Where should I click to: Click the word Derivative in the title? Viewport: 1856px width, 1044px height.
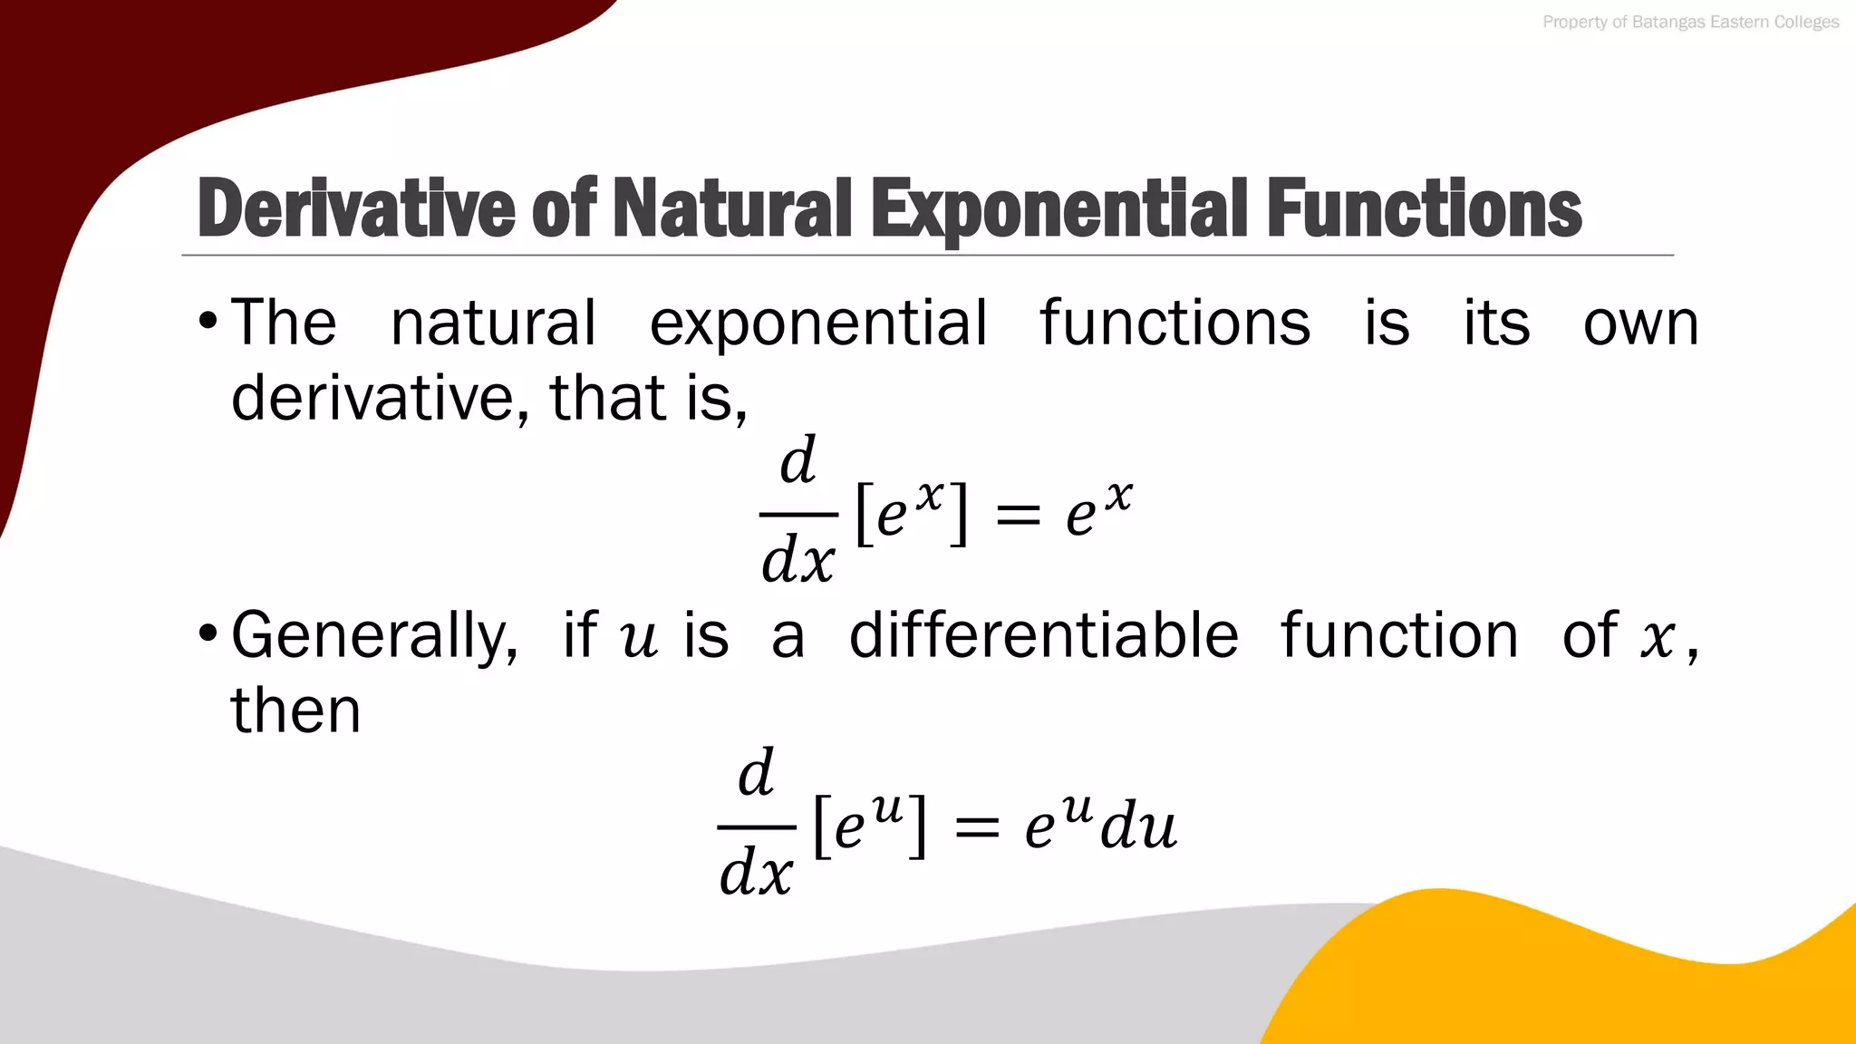356,209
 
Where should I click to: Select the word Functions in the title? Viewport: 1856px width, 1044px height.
1424,209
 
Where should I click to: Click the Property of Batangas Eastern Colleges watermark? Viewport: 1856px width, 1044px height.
1690,22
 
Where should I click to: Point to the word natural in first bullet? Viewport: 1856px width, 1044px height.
493,323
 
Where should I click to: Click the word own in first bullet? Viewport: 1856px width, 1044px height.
1640,323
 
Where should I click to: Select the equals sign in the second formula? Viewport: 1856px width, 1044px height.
976,827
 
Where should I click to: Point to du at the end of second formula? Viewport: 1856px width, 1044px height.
1138,827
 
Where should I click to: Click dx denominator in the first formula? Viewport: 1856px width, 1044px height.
797,560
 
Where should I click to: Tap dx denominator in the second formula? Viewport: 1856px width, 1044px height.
756,873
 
